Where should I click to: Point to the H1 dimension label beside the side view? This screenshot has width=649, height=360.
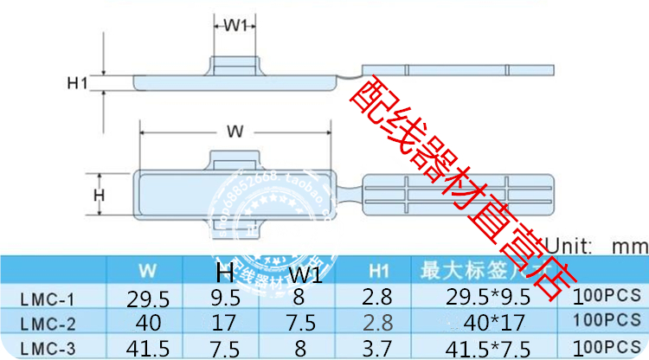pos(79,83)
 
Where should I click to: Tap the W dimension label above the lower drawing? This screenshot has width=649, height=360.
pos(235,132)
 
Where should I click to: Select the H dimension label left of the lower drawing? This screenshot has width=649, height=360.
pos(99,196)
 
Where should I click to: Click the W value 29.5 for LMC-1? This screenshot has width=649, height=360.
pos(147,300)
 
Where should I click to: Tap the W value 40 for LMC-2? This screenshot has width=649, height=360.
pos(147,322)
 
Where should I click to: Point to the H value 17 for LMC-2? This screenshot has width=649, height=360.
pos(225,322)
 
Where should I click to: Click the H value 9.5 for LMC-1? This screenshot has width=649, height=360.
pos(225,300)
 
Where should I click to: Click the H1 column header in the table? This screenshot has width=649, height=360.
pos(377,269)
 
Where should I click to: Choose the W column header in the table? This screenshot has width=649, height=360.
pos(147,270)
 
